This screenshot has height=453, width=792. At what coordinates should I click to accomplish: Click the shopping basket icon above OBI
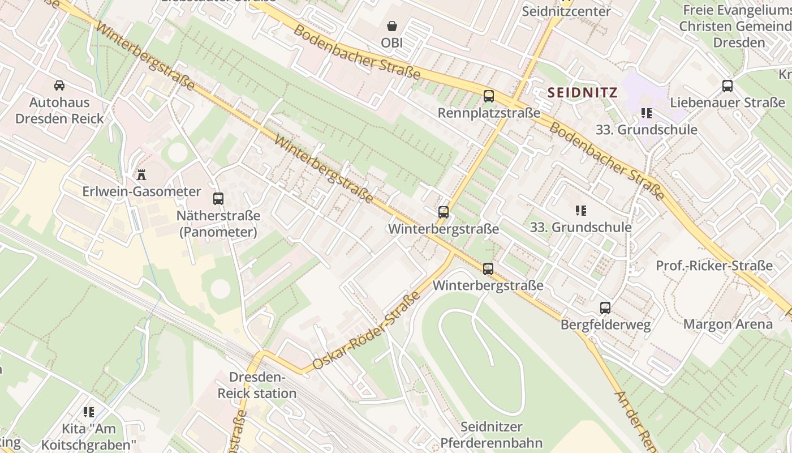[391, 26]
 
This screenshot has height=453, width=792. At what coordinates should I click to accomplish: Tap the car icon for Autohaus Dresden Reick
[59, 86]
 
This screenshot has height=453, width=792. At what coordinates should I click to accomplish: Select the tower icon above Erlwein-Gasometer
[141, 174]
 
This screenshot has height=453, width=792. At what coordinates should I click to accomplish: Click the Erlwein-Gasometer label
[141, 191]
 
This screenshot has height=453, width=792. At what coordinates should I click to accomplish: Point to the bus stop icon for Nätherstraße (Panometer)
[218, 199]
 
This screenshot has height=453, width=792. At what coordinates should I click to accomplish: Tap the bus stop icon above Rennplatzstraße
[488, 96]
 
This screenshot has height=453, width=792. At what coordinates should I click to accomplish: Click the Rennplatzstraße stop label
[489, 113]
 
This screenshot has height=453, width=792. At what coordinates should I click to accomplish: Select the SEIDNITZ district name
[582, 92]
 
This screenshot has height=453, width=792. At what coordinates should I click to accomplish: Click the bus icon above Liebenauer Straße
[728, 86]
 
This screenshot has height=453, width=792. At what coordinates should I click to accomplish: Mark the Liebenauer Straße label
[728, 102]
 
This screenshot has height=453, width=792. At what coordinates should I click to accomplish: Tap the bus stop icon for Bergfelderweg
[605, 308]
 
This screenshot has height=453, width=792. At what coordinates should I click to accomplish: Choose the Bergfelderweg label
[605, 324]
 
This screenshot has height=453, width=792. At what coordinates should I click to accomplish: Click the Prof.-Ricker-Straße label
[714, 266]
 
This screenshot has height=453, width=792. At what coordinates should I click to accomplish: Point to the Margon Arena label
[728, 324]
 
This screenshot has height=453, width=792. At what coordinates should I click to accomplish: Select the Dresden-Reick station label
[257, 385]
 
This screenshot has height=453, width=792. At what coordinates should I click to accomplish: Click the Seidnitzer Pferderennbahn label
[491, 434]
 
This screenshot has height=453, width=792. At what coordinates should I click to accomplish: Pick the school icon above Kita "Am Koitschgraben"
[89, 412]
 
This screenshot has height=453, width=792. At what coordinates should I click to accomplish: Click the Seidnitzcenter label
[566, 11]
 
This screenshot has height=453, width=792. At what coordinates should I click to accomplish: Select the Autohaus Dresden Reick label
[59, 110]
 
